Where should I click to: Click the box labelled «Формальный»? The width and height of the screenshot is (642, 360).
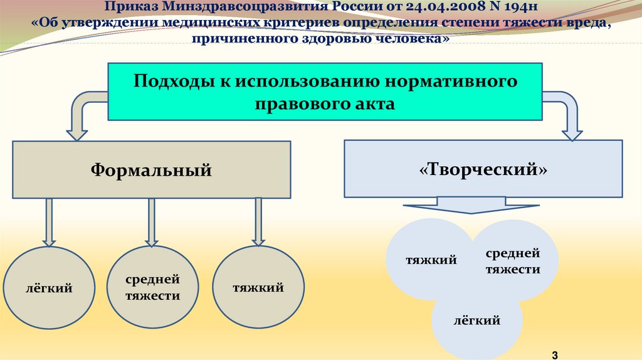151,169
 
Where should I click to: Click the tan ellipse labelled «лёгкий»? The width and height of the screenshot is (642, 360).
49,289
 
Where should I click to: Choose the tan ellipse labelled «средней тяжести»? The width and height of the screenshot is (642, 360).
152,288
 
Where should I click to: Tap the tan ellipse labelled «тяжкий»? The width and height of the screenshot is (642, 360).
258,288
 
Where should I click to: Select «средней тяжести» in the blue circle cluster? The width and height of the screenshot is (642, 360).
512,261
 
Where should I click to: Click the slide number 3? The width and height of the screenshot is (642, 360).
554,355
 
